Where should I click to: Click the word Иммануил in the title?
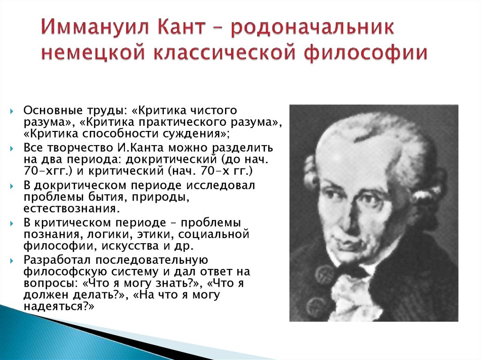(x=95, y=27)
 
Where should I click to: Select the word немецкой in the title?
(x=93, y=52)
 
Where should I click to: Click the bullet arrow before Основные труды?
(x=12, y=111)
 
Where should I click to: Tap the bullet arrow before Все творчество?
(x=12, y=149)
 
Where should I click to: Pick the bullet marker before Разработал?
(x=12, y=261)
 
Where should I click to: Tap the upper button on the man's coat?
(x=324, y=274)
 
